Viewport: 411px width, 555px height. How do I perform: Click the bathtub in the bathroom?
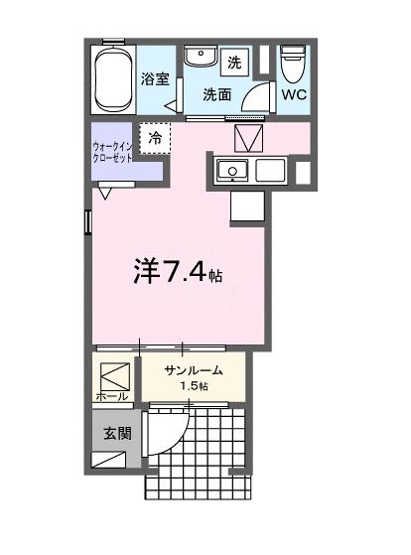click(113, 78)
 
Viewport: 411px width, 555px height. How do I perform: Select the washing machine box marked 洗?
click(235, 62)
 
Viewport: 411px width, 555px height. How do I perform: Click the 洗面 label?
click(217, 95)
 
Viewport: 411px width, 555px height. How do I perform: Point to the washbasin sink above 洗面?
click(202, 58)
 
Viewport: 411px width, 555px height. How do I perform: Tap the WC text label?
click(293, 95)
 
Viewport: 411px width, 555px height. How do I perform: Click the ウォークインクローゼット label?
click(113, 152)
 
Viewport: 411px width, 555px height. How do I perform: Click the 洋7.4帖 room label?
click(176, 270)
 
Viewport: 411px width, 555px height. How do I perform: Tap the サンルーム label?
click(192, 370)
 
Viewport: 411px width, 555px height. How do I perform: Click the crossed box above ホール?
click(114, 375)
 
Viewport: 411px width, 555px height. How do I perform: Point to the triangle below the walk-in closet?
click(104, 193)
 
